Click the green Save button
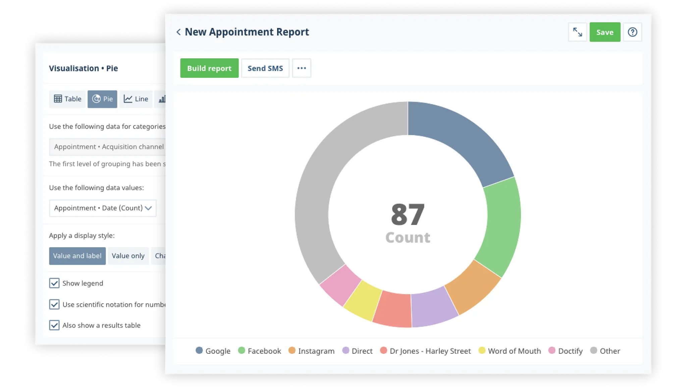[x=604, y=32]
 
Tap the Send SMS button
[x=265, y=68]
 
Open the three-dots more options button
[x=301, y=68]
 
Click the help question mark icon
[x=632, y=32]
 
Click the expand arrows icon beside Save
[x=577, y=32]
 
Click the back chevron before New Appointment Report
[x=178, y=32]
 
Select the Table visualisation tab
[x=67, y=99]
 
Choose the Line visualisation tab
[x=136, y=99]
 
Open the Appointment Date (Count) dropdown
[x=103, y=208]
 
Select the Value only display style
[x=128, y=256]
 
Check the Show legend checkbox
[x=54, y=283]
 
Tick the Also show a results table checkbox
[x=54, y=325]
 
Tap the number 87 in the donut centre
[x=408, y=215]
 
